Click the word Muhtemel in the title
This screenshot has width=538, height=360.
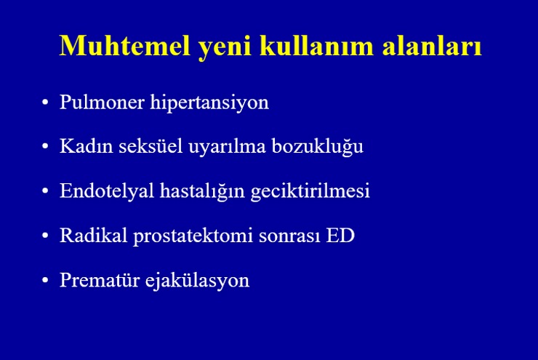click(125, 45)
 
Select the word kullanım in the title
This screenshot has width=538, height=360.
click(316, 45)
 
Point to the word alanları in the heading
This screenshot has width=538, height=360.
click(432, 45)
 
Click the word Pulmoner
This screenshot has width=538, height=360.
click(102, 102)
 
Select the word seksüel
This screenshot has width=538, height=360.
click(150, 146)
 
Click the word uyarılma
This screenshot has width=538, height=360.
click(227, 148)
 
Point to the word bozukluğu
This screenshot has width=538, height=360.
click(318, 148)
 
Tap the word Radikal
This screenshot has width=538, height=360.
click(94, 235)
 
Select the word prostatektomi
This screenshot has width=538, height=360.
click(193, 237)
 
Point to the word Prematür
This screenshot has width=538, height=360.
click(100, 280)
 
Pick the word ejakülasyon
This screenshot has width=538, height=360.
click(197, 281)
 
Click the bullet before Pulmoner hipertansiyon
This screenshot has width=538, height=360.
click(45, 103)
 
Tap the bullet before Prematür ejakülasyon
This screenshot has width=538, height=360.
click(45, 280)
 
